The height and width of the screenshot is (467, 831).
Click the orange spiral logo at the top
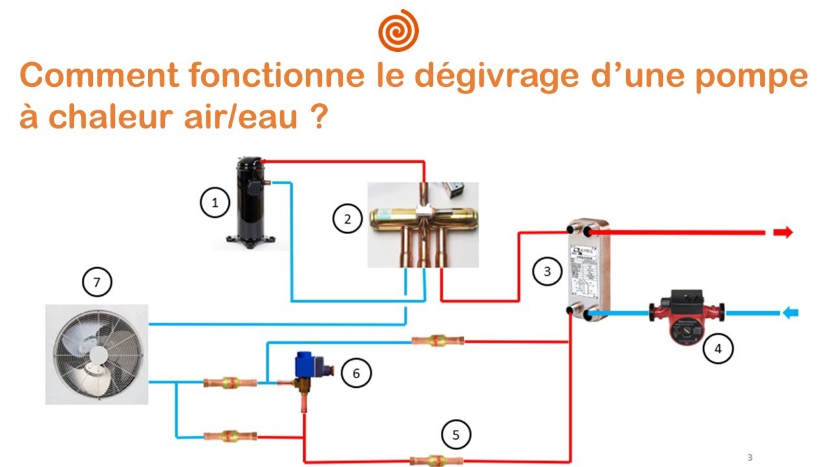[398, 30]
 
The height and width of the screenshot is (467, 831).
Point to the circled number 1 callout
[215, 204]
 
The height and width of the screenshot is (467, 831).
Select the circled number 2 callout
[348, 219]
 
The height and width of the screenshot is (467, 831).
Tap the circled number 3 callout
[547, 271]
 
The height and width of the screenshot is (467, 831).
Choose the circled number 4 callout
[717, 348]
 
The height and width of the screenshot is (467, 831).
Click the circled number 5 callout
[456, 435]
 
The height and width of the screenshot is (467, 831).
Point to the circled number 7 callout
[97, 282]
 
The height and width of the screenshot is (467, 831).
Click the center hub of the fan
[98, 354]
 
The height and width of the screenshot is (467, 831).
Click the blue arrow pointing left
[790, 313]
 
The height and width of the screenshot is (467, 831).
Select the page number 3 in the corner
[750, 457]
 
